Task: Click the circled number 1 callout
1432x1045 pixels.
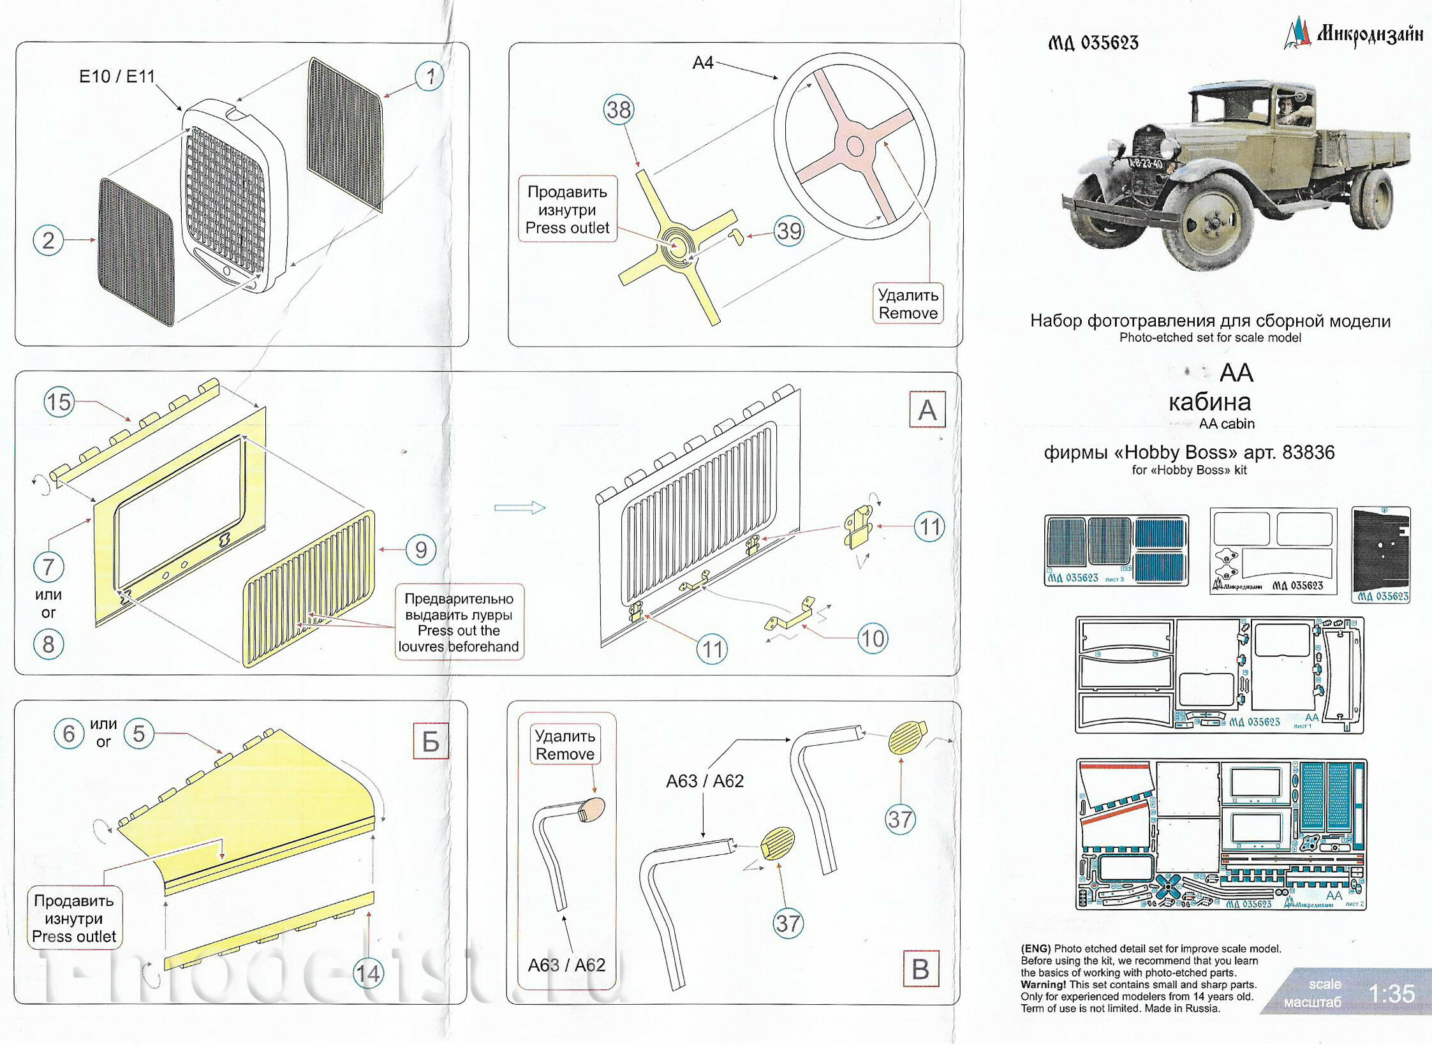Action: click(x=429, y=77)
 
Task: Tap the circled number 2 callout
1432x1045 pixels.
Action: click(x=48, y=241)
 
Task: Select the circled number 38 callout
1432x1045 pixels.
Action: click(x=618, y=110)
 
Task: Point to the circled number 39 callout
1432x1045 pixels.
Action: click(x=788, y=231)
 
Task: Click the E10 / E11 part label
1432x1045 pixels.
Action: click(x=117, y=77)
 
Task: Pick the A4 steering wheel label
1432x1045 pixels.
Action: click(x=702, y=63)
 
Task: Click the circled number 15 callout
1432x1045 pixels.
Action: click(x=59, y=402)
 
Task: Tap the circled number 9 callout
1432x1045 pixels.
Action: click(x=420, y=549)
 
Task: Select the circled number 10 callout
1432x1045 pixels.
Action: click(x=872, y=638)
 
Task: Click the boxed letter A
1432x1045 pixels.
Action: click(x=927, y=410)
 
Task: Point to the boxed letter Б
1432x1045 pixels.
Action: click(x=431, y=742)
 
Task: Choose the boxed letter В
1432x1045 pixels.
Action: click(x=920, y=970)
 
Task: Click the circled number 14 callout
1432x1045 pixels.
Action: click(x=368, y=974)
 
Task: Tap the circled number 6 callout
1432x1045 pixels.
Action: click(x=68, y=734)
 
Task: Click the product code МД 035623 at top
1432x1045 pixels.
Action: click(x=1093, y=43)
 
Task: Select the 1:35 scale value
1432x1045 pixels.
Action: click(x=1392, y=993)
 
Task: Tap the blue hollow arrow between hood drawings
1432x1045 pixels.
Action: click(x=520, y=508)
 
